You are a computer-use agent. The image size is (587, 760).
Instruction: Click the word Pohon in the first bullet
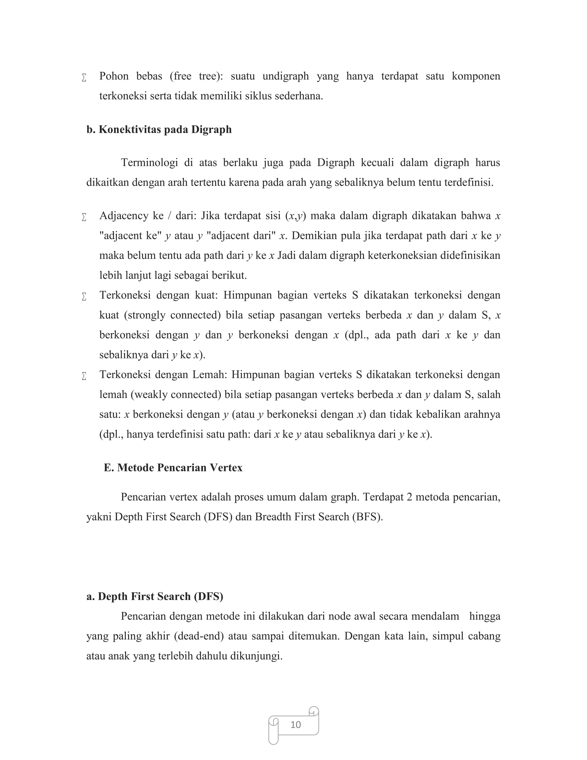pos(114,76)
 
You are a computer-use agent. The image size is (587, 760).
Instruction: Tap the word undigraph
pos(285,76)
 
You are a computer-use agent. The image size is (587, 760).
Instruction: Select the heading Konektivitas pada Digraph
pos(159,129)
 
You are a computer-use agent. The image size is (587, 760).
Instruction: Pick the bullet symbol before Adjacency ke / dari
pos(84,217)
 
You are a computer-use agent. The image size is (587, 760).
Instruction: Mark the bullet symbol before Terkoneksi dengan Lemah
pos(84,376)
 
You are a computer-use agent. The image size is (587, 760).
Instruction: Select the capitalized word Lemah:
pos(210,375)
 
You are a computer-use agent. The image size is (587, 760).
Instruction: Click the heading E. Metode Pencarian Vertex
pos(173,467)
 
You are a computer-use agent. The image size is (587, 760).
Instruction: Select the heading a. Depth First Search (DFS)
pos(155,596)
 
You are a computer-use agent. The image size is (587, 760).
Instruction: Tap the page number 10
pos(296,724)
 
